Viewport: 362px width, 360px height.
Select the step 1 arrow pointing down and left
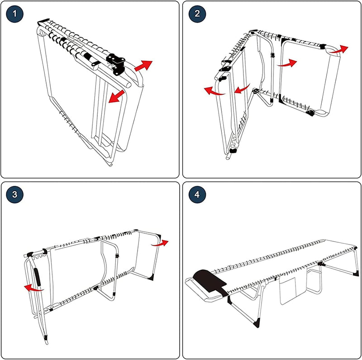pyautogui.click(x=116, y=96)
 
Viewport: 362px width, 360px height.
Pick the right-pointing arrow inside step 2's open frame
pyautogui.click(x=287, y=63)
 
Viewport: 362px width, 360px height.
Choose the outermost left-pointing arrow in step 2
pyautogui.click(x=214, y=91)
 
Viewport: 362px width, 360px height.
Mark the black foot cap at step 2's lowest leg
pyautogui.click(x=233, y=150)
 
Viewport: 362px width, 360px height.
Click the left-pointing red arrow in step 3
pyautogui.click(x=33, y=287)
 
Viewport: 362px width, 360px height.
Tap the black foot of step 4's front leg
pyautogui.click(x=257, y=322)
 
